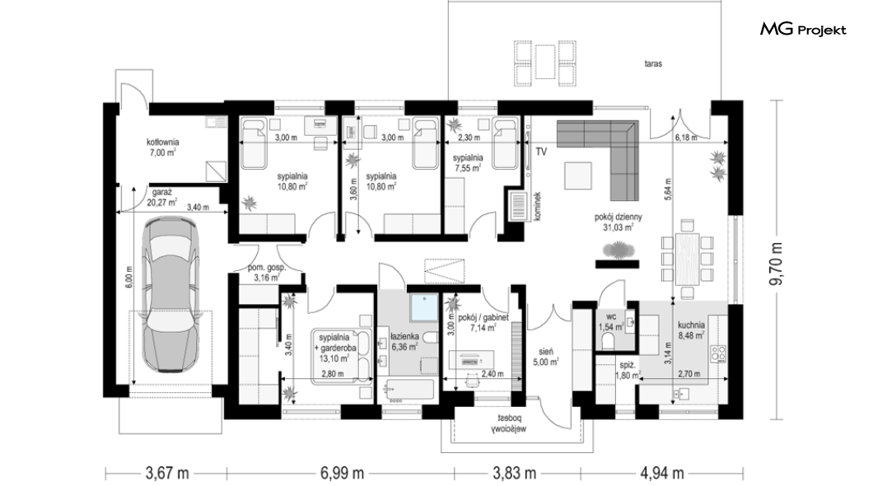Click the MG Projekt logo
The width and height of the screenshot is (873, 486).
(x=803, y=30)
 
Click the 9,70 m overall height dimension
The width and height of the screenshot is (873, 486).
(x=776, y=264)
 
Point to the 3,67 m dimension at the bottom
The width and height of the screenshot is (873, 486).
(x=167, y=473)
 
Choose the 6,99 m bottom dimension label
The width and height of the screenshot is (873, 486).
(x=342, y=473)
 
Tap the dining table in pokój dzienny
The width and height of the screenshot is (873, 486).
(x=687, y=259)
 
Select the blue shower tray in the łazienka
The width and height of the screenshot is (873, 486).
(x=425, y=308)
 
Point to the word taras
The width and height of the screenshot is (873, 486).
(x=654, y=64)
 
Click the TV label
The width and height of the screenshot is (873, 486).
(x=541, y=152)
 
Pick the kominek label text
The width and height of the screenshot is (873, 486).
(x=537, y=207)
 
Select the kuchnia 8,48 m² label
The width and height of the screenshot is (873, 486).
(x=691, y=330)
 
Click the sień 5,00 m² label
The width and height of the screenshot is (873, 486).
(x=545, y=357)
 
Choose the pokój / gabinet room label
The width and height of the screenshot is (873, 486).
(x=483, y=322)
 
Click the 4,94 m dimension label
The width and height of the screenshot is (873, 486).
(x=662, y=473)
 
